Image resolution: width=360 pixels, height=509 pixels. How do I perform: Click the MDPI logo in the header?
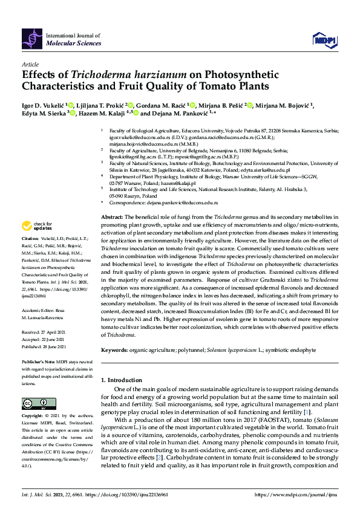coord(323,40)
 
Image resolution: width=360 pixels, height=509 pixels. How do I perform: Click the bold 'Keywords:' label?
coord(115,350)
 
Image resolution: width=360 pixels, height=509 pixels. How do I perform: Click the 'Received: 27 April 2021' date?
coord(44,332)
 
